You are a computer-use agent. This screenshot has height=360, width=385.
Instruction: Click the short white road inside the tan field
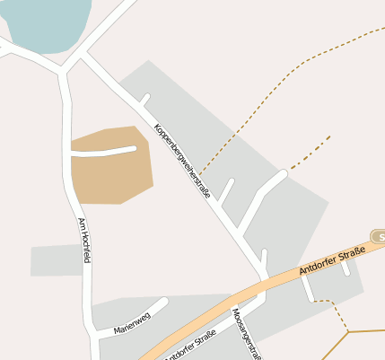(103, 152)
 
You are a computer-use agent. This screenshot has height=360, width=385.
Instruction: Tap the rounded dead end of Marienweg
(164, 302)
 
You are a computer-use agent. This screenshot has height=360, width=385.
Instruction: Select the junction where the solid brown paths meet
(348, 332)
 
